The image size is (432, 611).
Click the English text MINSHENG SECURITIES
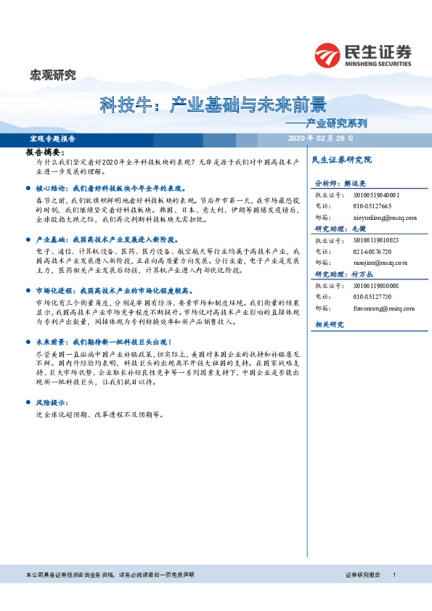click(x=375, y=62)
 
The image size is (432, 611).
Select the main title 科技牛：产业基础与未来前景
click(x=212, y=107)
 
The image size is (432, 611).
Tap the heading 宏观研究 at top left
click(x=52, y=74)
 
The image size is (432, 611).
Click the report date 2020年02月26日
click(x=321, y=138)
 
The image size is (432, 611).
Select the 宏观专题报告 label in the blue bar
click(x=52, y=138)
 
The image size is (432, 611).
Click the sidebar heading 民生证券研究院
click(x=341, y=159)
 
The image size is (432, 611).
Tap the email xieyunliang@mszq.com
click(x=375, y=217)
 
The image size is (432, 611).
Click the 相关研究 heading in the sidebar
click(x=329, y=324)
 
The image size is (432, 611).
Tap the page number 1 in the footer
click(x=394, y=574)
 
